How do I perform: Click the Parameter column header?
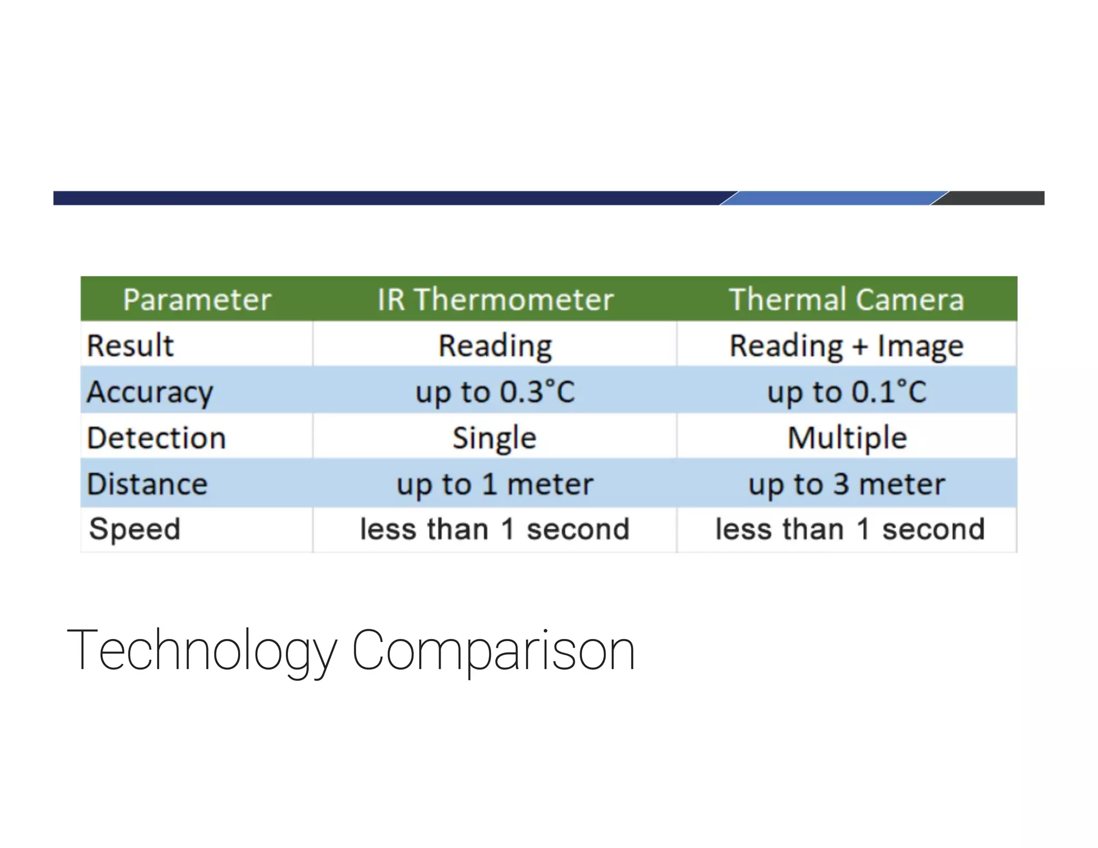click(x=197, y=299)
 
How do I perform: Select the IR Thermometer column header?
click(x=495, y=299)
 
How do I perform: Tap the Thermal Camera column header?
click(x=847, y=299)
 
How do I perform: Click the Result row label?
click(x=130, y=345)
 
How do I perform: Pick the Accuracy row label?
click(x=150, y=392)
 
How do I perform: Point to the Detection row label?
click(x=157, y=438)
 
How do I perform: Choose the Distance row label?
click(x=147, y=484)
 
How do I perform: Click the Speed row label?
click(x=135, y=530)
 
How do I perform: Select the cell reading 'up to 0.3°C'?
click(x=495, y=392)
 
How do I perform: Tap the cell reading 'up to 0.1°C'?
click(x=847, y=392)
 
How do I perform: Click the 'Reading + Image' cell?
click(x=847, y=346)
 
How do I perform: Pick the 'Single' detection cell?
click(x=495, y=438)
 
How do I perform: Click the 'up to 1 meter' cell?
click(x=495, y=485)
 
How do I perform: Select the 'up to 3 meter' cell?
click(x=847, y=485)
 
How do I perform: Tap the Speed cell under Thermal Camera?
click(x=850, y=530)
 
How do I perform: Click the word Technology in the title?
click(x=202, y=650)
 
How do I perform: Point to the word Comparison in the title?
click(x=493, y=650)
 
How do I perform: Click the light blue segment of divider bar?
click(x=834, y=198)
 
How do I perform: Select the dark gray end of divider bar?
click(x=995, y=198)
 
